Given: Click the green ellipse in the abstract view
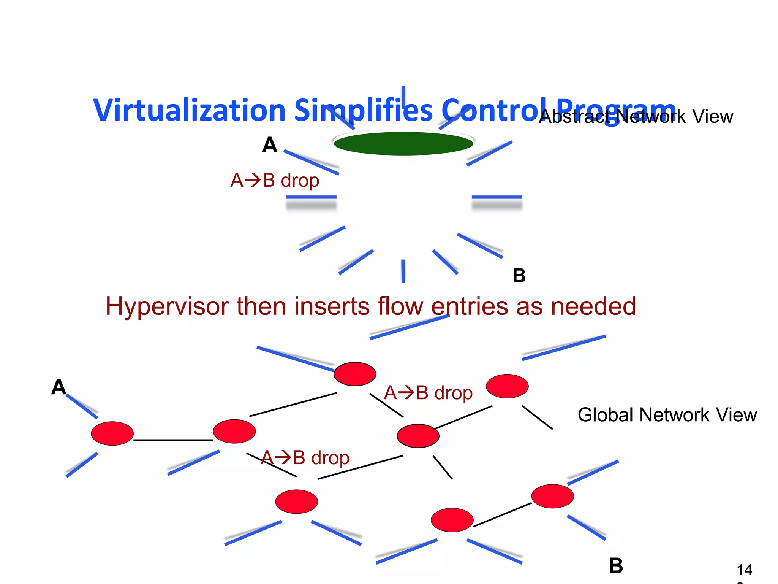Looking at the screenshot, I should [x=403, y=144].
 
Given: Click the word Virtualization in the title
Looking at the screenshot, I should [x=189, y=110].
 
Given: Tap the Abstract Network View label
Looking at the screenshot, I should [x=636, y=116].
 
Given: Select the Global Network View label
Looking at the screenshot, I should [x=667, y=415].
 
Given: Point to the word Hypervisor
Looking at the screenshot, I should [x=167, y=306].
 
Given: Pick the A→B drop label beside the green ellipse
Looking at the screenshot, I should [x=275, y=180].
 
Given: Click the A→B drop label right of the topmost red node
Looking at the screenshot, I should [x=428, y=393].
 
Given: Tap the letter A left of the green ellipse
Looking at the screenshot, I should [x=270, y=145].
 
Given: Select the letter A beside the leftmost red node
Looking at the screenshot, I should [x=59, y=387].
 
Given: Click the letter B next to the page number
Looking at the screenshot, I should [x=616, y=566].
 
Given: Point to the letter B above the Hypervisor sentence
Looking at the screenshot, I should [x=519, y=276].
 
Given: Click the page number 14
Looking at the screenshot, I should [x=744, y=570].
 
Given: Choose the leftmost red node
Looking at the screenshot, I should [x=112, y=433].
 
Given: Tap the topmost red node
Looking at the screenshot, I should [x=355, y=374].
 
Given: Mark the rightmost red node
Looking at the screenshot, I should [x=552, y=496].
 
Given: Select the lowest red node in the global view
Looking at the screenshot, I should [x=452, y=520].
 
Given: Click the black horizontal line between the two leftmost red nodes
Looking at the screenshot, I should [x=173, y=440].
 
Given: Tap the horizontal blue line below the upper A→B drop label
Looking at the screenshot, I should [x=311, y=197].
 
